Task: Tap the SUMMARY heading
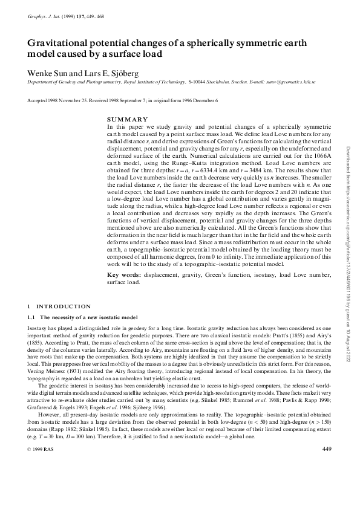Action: (x=123, y=119)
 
